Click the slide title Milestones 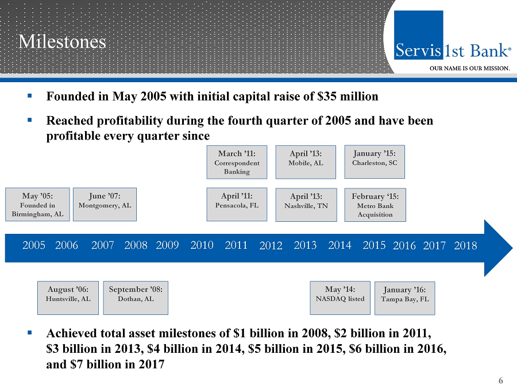click(62, 41)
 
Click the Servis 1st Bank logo click(452, 51)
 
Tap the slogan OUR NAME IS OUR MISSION click(470, 68)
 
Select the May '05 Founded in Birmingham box click(37, 204)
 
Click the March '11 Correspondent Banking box click(237, 162)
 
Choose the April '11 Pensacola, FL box click(237, 204)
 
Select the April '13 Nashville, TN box click(305, 204)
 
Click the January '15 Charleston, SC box click(375, 159)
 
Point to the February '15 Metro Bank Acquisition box click(375, 205)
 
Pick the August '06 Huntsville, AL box click(68, 298)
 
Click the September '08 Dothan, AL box click(136, 298)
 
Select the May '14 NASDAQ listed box click(340, 298)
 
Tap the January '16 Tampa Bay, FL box click(404, 298)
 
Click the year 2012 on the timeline click(271, 246)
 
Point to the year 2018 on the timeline click(465, 246)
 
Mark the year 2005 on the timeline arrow click(34, 245)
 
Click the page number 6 click(501, 380)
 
